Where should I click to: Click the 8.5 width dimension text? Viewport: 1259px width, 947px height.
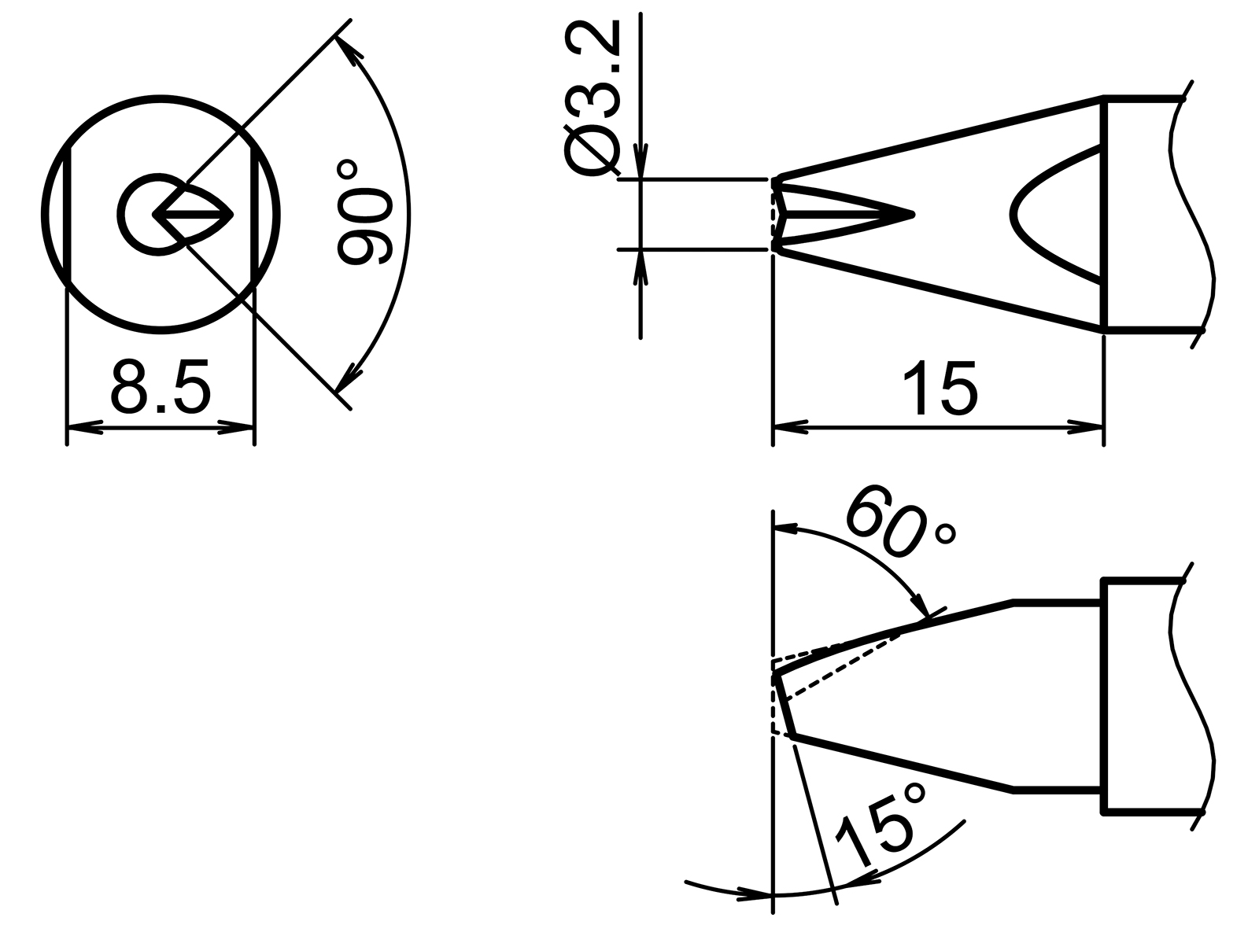coord(161,387)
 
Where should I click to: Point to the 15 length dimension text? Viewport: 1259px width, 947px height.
coord(940,387)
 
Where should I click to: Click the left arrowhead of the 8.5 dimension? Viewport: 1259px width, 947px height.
coord(85,429)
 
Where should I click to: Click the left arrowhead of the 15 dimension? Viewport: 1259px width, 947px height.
coord(792,429)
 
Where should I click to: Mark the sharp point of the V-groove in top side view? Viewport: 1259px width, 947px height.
coord(911,214)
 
